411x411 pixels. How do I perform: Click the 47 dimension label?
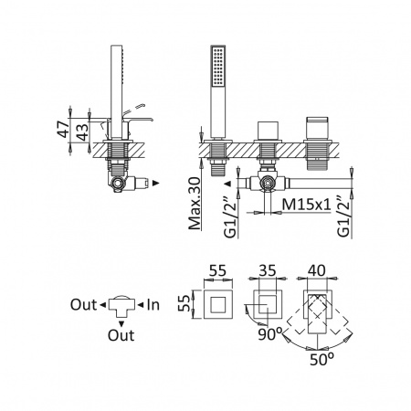(x=64, y=129)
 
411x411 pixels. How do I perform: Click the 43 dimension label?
(x=82, y=132)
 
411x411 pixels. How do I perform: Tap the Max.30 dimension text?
(x=195, y=203)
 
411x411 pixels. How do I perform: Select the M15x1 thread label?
(x=306, y=205)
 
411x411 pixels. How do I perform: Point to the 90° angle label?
(x=270, y=334)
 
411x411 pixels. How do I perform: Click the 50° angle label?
(x=321, y=360)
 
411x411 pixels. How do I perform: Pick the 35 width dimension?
(x=267, y=270)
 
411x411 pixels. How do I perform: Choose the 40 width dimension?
(x=317, y=270)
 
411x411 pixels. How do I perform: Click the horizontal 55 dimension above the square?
(x=218, y=270)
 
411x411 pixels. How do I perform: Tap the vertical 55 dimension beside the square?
(x=184, y=304)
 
